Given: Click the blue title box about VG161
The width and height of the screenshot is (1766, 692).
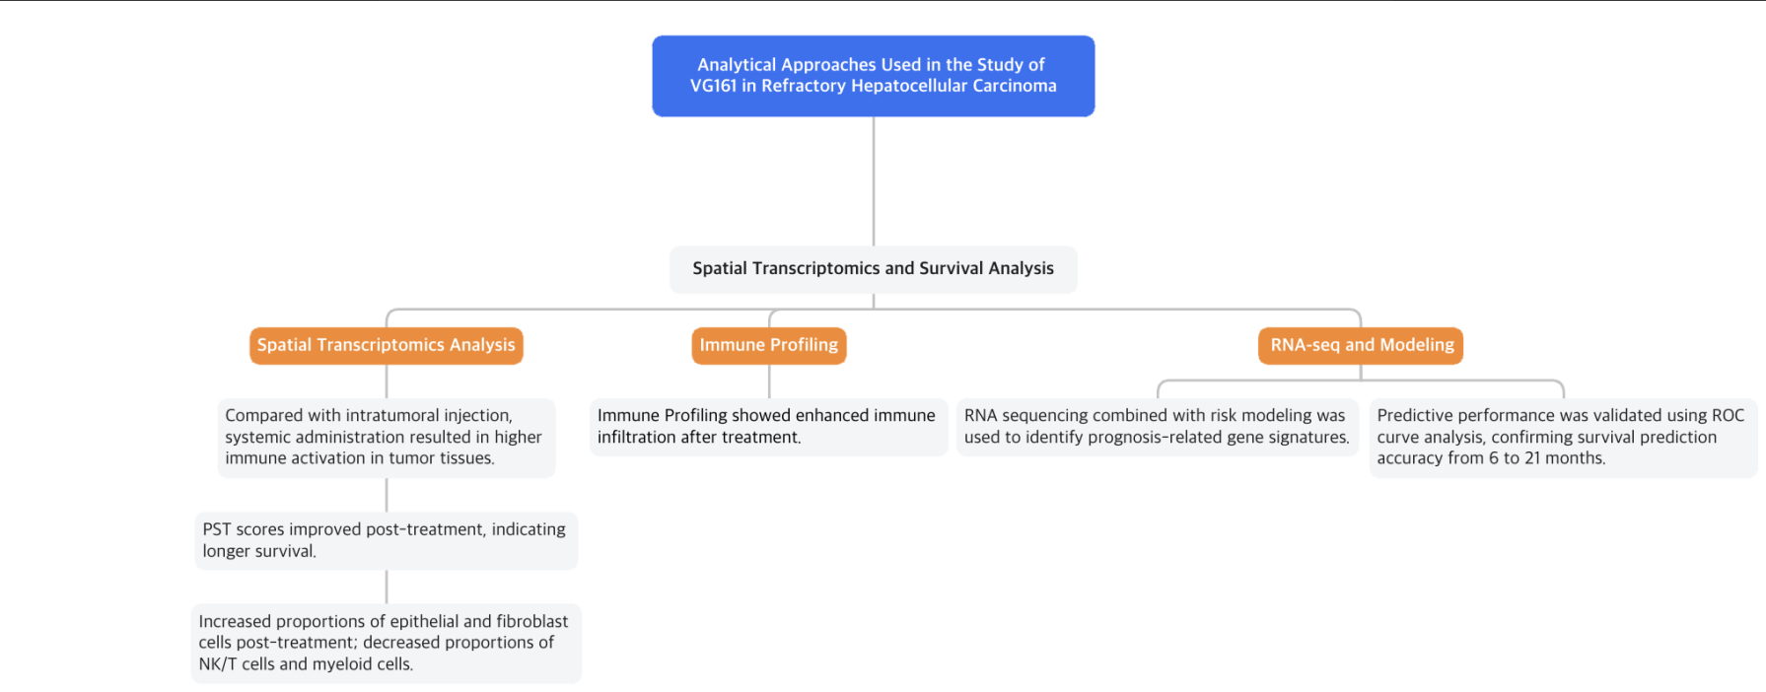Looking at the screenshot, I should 873,76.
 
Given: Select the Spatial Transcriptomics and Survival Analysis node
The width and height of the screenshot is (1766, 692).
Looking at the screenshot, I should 873,268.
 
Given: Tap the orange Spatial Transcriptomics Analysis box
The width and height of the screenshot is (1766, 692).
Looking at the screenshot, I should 386,345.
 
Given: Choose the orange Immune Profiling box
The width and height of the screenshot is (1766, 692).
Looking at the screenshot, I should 768,345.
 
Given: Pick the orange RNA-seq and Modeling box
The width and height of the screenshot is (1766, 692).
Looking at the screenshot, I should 1361,345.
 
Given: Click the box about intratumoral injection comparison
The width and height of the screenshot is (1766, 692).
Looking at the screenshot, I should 386,437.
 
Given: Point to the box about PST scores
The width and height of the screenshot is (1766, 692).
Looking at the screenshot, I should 386,540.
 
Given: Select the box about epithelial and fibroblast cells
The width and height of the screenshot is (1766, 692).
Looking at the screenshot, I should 386,643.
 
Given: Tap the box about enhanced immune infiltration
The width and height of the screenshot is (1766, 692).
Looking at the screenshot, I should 768,426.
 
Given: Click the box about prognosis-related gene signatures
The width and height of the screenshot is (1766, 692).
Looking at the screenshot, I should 1157,426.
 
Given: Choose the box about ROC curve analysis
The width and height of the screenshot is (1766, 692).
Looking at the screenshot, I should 1562,437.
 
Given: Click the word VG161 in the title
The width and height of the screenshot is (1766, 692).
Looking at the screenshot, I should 713,86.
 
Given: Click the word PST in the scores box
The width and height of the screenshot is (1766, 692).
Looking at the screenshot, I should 217,529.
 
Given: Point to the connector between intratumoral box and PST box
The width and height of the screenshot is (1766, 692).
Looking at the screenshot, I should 387,495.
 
